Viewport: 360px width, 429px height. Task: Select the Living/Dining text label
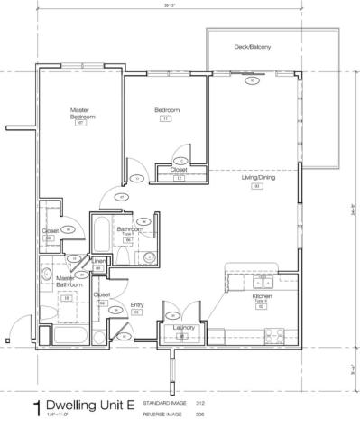pos(256,178)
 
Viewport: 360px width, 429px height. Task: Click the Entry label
pos(137,305)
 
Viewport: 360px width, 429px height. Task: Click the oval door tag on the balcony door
pos(253,80)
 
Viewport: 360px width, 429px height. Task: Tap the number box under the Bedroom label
pos(166,118)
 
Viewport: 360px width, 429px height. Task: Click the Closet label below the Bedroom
pos(179,169)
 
